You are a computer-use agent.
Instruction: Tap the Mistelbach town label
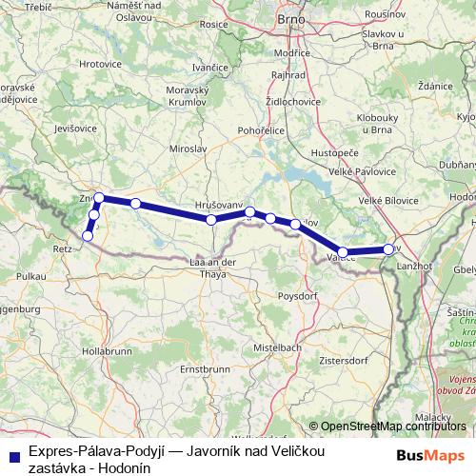(278, 348)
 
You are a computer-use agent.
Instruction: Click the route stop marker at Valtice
(343, 252)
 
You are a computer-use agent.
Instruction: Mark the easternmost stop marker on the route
(387, 249)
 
